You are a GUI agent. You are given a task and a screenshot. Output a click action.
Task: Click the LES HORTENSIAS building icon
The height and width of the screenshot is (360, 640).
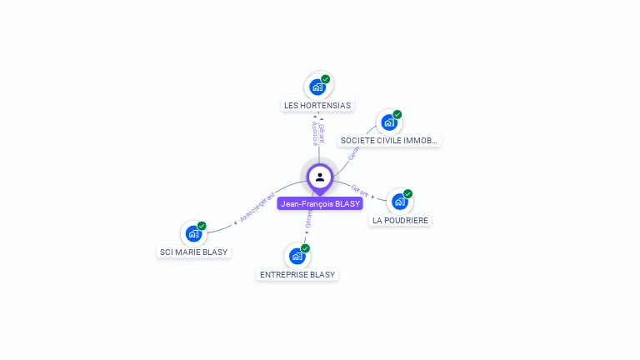[317, 87]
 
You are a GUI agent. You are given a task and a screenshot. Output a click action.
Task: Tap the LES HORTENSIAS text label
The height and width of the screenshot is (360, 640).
[317, 106]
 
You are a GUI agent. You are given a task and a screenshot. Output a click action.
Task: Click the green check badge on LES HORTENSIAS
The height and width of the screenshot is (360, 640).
[326, 79]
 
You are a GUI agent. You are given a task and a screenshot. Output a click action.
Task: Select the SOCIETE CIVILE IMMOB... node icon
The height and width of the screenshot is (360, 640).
[388, 122]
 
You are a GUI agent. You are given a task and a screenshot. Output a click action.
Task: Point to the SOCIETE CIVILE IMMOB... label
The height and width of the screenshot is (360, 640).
[389, 141]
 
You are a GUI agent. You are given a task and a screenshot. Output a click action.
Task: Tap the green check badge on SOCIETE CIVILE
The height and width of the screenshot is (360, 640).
[397, 115]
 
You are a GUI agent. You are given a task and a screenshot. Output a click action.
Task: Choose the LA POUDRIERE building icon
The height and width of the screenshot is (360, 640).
[400, 202]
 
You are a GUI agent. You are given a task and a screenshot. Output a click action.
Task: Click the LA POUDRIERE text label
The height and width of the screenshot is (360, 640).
[401, 220]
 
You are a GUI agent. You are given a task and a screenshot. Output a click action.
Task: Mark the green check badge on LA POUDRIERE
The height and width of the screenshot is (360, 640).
[408, 194]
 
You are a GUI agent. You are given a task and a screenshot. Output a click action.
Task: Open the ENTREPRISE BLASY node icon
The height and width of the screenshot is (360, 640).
[297, 256]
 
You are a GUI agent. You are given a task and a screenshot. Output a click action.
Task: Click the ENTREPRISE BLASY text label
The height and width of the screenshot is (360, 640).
[297, 274]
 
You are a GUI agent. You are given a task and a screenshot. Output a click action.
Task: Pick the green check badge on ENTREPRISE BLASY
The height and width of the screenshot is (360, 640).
[306, 248]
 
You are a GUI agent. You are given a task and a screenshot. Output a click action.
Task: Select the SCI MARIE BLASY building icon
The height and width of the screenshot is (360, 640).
[193, 233]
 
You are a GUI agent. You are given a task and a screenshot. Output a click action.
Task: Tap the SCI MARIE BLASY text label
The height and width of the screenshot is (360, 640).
[193, 252]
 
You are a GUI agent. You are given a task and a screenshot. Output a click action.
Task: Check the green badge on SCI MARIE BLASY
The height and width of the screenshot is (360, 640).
[202, 226]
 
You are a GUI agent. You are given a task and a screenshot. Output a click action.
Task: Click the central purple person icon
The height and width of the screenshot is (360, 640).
[320, 177]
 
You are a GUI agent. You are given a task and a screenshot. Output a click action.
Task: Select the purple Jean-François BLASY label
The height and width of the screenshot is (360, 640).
[320, 203]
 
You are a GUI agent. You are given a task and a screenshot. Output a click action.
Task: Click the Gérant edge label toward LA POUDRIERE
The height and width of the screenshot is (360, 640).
[360, 191]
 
